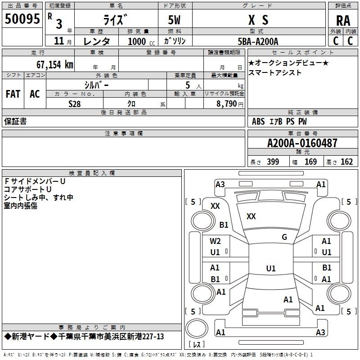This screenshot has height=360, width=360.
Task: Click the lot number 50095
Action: click(x=22, y=19)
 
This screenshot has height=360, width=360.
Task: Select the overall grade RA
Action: click(x=343, y=21)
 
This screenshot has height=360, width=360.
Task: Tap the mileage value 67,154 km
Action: click(x=55, y=64)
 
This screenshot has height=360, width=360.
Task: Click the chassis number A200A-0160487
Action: click(x=302, y=143)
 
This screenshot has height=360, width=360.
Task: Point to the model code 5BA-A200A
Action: click(x=258, y=41)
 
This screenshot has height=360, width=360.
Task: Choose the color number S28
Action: click(x=75, y=104)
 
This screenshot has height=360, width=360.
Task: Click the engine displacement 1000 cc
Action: click(x=141, y=41)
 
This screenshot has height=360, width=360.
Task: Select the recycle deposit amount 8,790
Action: click(x=226, y=104)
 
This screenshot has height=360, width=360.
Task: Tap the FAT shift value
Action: click(x=13, y=94)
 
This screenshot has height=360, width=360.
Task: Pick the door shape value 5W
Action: click(x=174, y=20)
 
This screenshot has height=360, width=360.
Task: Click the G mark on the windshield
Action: click(x=284, y=237)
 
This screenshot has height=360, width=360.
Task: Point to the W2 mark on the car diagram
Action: click(x=215, y=241)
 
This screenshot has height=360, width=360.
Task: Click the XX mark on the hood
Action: click(x=251, y=216)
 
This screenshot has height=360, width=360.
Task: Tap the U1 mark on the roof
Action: click(x=271, y=268)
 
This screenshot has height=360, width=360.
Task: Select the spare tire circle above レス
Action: click(x=197, y=328)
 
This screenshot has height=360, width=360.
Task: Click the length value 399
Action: click(x=273, y=162)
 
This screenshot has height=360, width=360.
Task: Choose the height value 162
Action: click(x=346, y=162)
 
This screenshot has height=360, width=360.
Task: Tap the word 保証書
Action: click(x=15, y=121)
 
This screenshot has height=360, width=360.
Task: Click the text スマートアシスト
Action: click(x=274, y=72)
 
